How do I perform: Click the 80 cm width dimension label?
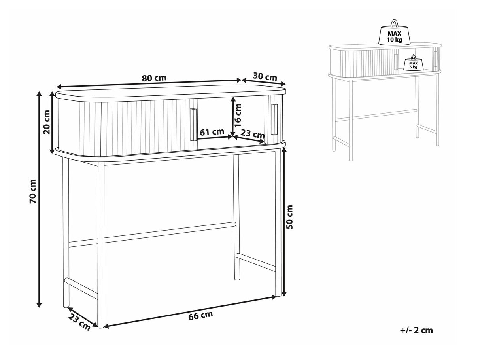154,78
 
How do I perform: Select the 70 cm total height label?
33,194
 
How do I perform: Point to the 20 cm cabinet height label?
47,122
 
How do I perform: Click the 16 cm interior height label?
237,115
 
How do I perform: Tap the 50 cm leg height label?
289,217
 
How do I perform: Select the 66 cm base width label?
200,316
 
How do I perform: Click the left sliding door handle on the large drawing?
193,125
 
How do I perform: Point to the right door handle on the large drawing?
274,119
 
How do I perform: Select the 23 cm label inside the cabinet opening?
253,134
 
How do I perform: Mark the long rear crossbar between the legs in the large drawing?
152,235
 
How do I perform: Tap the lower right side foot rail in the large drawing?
256,262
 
